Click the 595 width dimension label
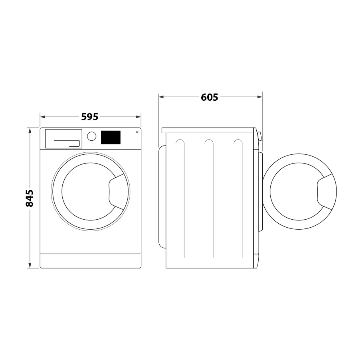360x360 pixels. pyautogui.click(x=90, y=117)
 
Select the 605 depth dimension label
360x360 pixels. pyautogui.click(x=209, y=97)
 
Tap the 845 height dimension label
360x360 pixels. pyautogui.click(x=30, y=198)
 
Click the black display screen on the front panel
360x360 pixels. pyautogui.click(x=111, y=137)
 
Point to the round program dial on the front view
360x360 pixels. pyautogui.click(x=91, y=136)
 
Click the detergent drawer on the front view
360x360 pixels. pyautogui.click(x=63, y=139)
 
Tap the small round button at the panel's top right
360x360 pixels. pyautogui.click(x=137, y=132)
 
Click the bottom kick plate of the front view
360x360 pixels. pyautogui.click(x=90, y=261)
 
